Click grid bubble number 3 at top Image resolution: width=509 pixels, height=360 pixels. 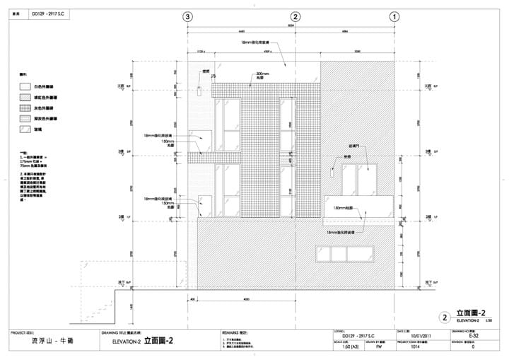coord(187,16)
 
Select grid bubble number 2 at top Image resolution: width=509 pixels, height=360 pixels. coord(296,16)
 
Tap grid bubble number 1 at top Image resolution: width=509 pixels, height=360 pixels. coord(394,16)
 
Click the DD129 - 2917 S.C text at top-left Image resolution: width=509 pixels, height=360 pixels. coord(47,13)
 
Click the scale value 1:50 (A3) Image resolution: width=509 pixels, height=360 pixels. coord(343,347)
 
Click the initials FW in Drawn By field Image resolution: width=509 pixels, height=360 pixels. coord(378,347)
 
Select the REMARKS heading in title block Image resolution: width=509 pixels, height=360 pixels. coord(233,331)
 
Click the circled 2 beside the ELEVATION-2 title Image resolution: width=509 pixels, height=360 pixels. coord(445,318)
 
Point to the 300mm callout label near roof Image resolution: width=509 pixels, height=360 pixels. coord(263,74)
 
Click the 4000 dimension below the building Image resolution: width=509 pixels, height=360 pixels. coord(245,299)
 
